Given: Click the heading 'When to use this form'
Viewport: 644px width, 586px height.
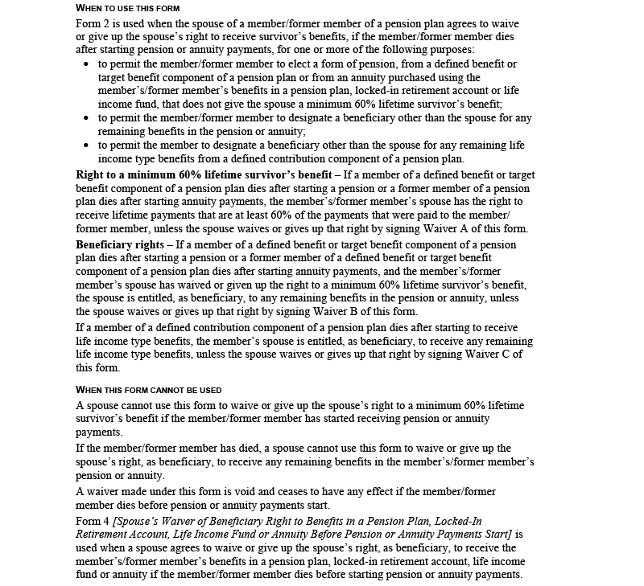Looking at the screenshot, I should point(129,8).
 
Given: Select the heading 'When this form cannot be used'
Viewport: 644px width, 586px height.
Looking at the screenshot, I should point(149,390).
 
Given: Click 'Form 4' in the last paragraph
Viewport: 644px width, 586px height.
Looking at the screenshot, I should point(93,521).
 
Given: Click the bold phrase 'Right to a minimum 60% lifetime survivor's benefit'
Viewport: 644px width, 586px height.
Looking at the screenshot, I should point(204,174).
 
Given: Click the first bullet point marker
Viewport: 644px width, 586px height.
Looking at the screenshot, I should point(87,64).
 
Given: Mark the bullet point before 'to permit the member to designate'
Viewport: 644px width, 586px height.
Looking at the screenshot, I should point(87,145).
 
